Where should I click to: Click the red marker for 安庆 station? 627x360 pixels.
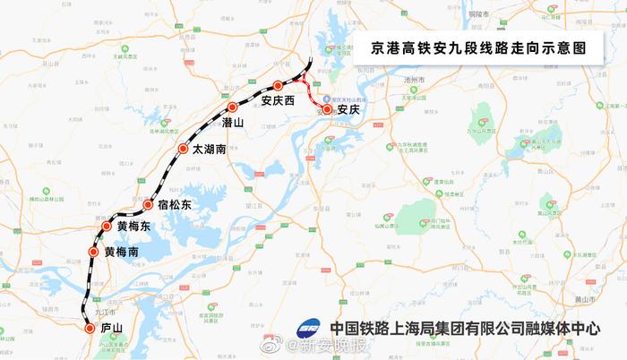point(327,109)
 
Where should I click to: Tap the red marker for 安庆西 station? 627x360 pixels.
point(278,86)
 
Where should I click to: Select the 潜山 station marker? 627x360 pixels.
point(231,107)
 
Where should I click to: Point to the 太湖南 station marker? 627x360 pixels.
point(183,149)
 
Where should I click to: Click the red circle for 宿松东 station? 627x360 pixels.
point(148,205)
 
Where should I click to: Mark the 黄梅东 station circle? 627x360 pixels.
point(107,227)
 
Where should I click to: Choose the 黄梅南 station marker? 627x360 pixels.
point(93,253)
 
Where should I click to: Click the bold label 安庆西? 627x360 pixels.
point(279,101)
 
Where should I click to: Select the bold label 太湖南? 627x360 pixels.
point(209,150)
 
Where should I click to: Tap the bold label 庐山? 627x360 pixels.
point(111,329)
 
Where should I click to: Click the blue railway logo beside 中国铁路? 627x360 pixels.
point(310,328)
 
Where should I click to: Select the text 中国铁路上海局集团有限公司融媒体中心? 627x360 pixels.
point(464,328)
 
